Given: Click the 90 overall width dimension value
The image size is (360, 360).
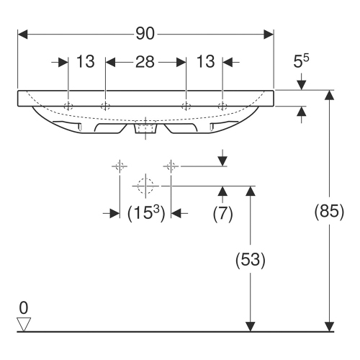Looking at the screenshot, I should pos(145,33).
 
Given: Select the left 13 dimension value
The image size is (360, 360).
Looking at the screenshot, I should pos(86,62).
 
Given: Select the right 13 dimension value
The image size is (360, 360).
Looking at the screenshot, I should pos(205,62).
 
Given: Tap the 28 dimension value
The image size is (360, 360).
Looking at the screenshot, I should pos(145,62).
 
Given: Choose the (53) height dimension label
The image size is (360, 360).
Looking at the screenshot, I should pos(250,260).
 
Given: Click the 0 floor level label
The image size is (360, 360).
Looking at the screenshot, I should pos(24,308).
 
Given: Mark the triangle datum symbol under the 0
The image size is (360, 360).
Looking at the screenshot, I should pos(24,323).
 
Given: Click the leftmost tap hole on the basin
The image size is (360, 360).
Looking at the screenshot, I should pos(68,106).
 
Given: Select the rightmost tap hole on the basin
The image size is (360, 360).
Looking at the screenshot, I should pos(222,106).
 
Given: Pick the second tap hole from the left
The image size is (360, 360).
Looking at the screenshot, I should pos(105,106).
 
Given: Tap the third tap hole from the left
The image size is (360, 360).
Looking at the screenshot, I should pos(186,106).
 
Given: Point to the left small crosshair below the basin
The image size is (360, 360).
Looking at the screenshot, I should pos(119,166).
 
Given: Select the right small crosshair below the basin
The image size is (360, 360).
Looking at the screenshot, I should pos(171,166).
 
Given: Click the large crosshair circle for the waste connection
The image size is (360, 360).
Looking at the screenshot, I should pos(145,185).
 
